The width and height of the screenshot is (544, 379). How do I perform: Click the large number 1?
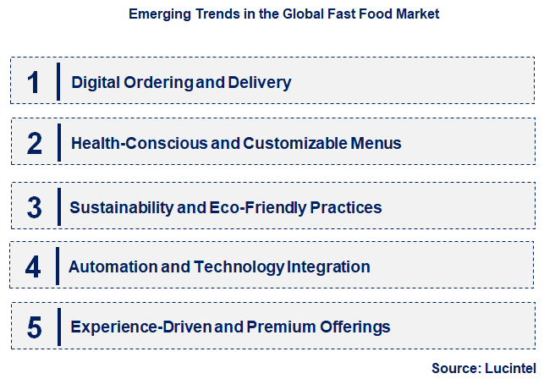tap(34, 83)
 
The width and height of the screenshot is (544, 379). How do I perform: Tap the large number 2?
tap(34, 144)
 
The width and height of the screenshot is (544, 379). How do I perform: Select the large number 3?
tap(34, 207)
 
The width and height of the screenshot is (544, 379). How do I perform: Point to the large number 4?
tap(33, 267)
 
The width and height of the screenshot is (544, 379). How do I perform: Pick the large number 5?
tap(34, 327)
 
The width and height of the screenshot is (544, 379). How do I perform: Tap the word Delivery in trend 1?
tap(261, 83)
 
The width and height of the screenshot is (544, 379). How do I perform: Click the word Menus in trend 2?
tap(376, 144)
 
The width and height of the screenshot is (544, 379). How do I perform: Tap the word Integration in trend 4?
tap(328, 267)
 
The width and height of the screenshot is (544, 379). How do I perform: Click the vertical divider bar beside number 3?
tap(59, 206)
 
